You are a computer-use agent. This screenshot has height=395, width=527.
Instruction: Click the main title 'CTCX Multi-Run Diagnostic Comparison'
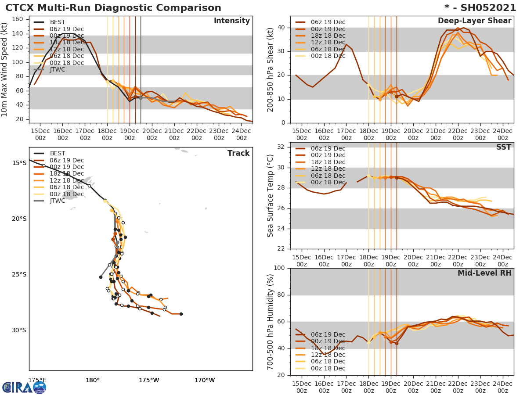click(113, 8)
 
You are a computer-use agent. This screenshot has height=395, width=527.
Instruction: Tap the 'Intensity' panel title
click(231, 21)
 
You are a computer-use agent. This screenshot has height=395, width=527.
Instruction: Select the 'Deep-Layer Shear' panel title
click(474, 21)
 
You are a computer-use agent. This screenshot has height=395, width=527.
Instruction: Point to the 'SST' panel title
click(503, 147)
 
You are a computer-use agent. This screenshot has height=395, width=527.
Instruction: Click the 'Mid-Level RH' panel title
click(484, 273)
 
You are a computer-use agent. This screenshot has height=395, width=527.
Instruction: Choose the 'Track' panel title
click(238, 153)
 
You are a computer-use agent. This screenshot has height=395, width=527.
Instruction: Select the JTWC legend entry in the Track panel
click(58, 201)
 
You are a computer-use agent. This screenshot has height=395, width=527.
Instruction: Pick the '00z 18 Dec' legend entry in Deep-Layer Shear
click(328, 56)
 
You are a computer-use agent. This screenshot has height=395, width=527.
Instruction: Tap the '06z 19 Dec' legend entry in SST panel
click(328, 148)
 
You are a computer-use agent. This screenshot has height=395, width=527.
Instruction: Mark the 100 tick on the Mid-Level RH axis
click(279, 268)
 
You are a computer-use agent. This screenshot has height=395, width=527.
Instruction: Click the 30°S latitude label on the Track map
click(19, 330)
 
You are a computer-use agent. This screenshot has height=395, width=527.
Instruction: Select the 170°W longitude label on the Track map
click(204, 380)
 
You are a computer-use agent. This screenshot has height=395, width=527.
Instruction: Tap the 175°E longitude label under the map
click(37, 380)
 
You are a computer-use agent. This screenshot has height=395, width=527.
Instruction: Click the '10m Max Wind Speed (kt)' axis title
click(5, 70)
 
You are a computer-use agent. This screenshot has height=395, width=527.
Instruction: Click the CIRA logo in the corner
click(24, 387)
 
